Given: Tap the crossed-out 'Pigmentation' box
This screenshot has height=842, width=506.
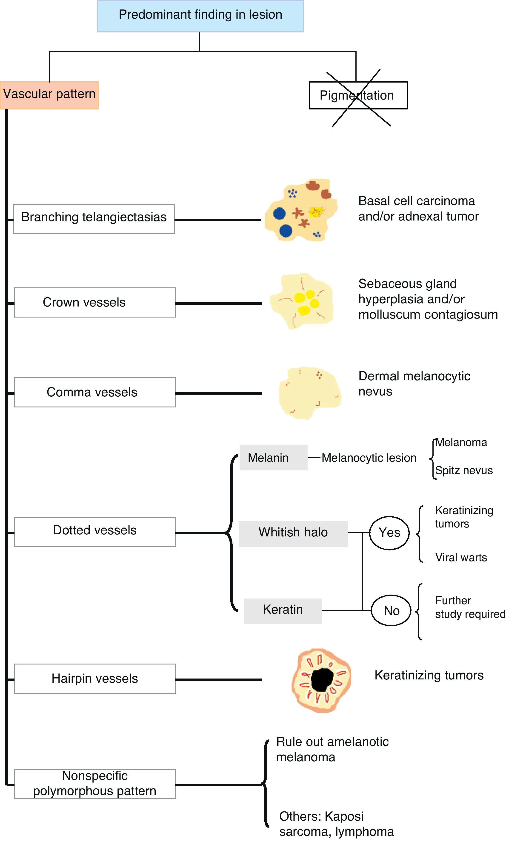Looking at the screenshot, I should point(358,95).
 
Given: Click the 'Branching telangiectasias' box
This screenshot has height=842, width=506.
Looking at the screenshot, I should point(94,219).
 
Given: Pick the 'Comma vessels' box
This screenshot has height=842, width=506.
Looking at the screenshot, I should point(94,392).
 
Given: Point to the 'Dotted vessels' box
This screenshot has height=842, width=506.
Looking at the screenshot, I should point(94,531).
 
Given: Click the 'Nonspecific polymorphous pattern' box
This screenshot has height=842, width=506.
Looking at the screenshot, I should point(94,783).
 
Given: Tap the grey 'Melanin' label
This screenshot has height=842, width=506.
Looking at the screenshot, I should point(273,458).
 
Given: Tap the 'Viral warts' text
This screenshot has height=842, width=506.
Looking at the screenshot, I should point(461,558).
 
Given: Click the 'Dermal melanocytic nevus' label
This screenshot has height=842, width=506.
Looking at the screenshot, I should point(414,384).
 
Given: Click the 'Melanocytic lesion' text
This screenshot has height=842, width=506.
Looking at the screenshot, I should point(369,458).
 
